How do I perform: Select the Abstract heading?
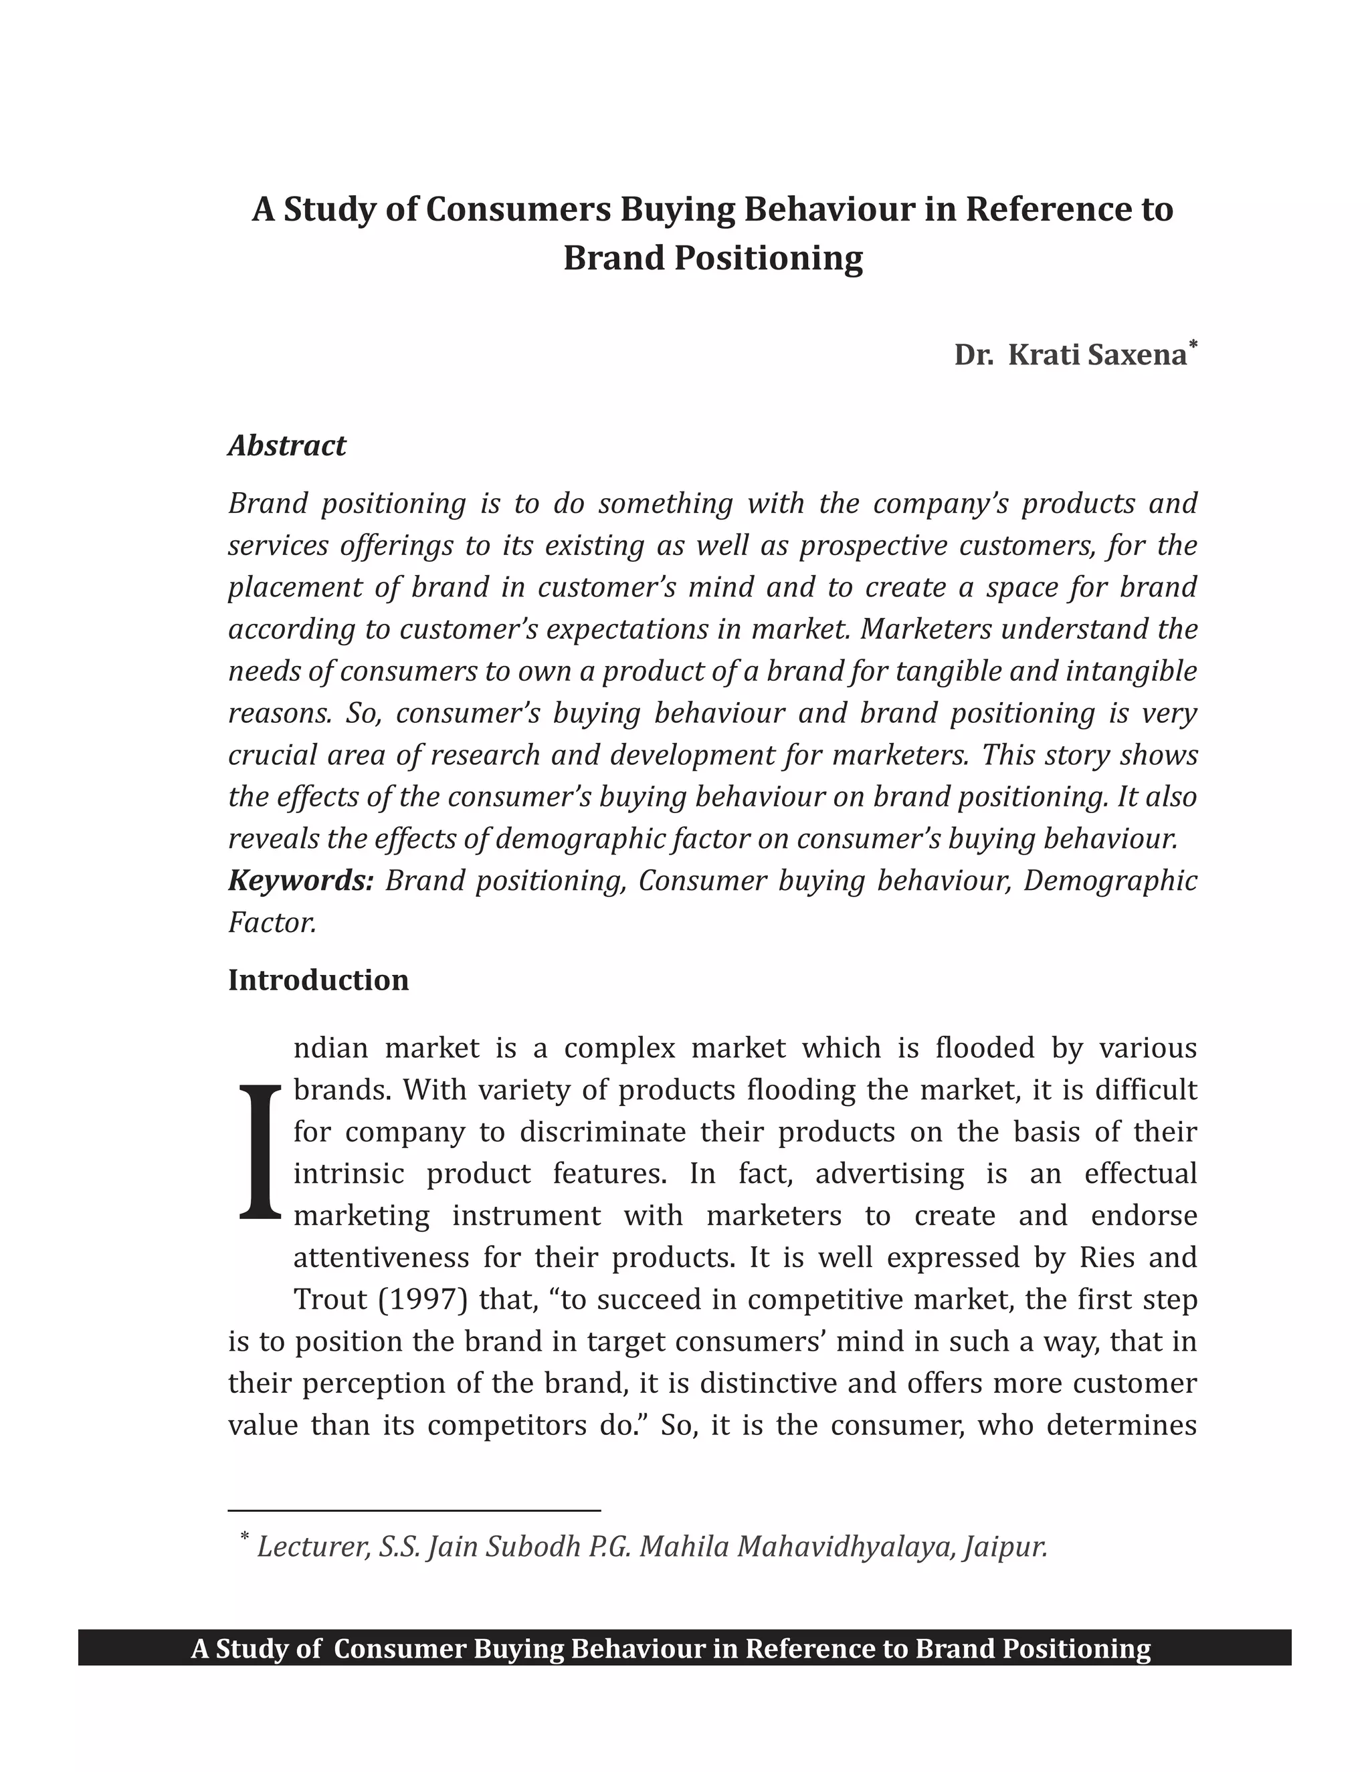coord(287,445)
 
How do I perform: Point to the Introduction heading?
coord(318,980)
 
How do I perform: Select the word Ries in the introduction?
coord(1106,1257)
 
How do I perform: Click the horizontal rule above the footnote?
coord(414,1511)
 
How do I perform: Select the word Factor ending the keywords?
coord(271,923)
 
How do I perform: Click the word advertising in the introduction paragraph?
coord(890,1174)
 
